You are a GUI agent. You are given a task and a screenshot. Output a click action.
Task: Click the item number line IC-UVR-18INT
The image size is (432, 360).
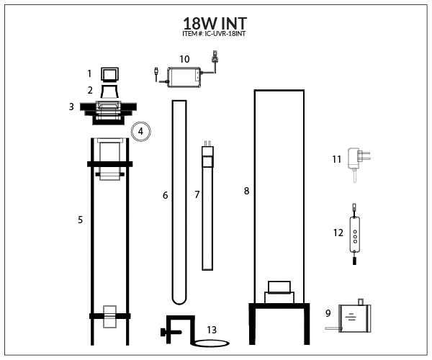(x=215, y=34)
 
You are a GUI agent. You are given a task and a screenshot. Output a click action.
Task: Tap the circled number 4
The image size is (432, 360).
(x=142, y=132)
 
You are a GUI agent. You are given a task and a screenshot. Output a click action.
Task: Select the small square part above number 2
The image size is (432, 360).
(x=109, y=74)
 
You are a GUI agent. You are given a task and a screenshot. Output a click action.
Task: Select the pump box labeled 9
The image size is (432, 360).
(x=354, y=317)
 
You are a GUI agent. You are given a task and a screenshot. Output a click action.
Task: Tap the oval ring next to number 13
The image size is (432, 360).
(x=210, y=343)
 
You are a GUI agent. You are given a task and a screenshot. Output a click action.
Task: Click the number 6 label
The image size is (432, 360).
(x=165, y=195)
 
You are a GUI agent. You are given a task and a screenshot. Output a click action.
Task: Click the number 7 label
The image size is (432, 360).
(x=197, y=195)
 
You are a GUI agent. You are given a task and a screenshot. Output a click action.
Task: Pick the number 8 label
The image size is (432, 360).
(x=247, y=191)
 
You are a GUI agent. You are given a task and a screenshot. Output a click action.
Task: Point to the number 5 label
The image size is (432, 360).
(x=80, y=220)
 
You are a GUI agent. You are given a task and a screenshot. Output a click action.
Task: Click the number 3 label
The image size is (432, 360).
(x=71, y=107)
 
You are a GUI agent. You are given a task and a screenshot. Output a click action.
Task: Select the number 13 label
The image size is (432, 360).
(x=212, y=330)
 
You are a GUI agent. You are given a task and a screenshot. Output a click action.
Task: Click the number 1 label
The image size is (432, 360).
(x=89, y=73)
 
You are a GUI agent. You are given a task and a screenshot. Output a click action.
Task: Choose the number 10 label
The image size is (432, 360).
(x=184, y=58)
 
